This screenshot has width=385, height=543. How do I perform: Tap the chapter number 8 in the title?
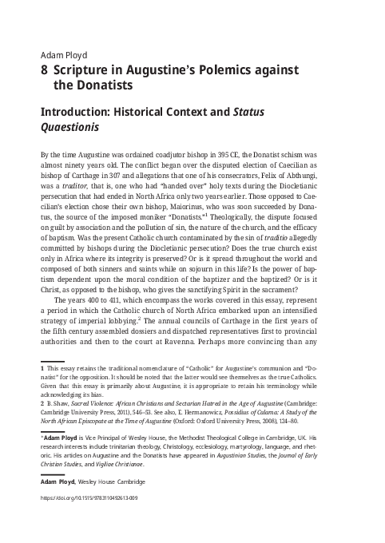(43, 70)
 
